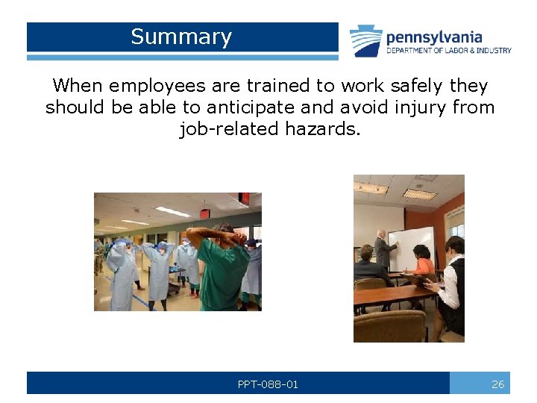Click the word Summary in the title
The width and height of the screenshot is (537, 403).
[x=181, y=37]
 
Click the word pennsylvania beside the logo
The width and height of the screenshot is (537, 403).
[x=433, y=37]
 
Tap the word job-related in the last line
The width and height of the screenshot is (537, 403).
[x=228, y=129]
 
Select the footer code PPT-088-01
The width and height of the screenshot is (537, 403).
[x=268, y=384]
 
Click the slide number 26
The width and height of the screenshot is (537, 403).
[x=497, y=384]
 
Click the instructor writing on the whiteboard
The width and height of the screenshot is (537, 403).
[x=385, y=250]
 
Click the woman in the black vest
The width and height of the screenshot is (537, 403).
[x=452, y=284]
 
